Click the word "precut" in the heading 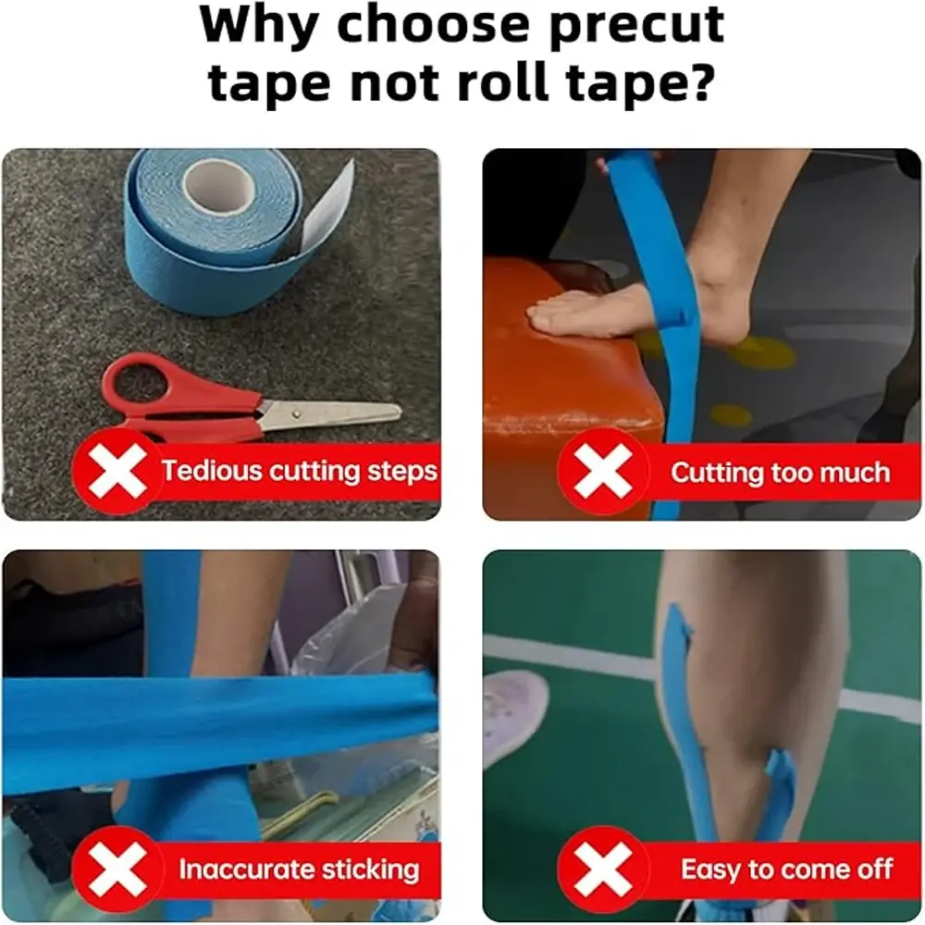click(x=636, y=27)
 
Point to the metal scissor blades click(x=330, y=413)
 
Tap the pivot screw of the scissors click(x=297, y=414)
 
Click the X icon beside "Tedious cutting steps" click(x=117, y=472)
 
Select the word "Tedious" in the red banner click(x=212, y=471)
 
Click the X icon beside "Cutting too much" click(x=603, y=472)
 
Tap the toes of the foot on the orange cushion click(x=543, y=314)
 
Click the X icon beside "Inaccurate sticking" click(x=117, y=869)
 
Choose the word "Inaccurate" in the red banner click(x=247, y=869)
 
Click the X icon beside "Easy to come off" click(x=603, y=869)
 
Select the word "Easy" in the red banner click(x=710, y=870)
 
